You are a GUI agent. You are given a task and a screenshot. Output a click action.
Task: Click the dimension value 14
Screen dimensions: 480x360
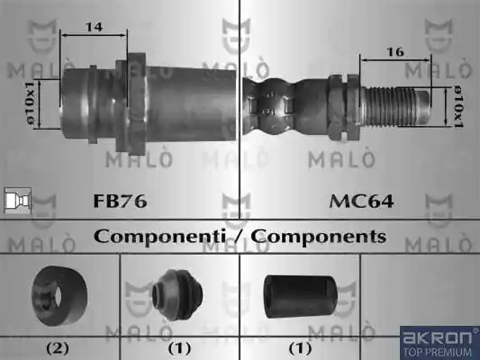click(x=95, y=27)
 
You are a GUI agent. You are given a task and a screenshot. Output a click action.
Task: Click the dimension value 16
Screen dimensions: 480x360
click(x=395, y=52)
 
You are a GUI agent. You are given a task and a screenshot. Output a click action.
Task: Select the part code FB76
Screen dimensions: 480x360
click(x=120, y=201)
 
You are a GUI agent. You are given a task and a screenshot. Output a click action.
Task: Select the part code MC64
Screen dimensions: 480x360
click(x=361, y=202)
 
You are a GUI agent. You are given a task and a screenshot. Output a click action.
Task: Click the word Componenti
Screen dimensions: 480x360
click(x=159, y=237)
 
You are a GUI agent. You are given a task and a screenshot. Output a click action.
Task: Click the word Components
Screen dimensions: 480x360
click(x=319, y=237)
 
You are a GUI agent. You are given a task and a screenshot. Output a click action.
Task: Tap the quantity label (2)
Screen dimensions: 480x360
click(x=58, y=348)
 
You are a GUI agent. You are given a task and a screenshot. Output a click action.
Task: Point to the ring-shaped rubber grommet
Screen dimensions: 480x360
click(x=59, y=295)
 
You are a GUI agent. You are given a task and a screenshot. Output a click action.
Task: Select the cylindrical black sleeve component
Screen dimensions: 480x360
click(x=300, y=296)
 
